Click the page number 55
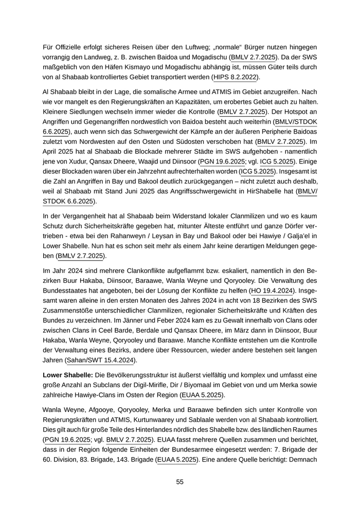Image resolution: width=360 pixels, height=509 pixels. [180, 482]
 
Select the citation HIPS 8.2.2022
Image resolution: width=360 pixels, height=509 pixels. [237, 77]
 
